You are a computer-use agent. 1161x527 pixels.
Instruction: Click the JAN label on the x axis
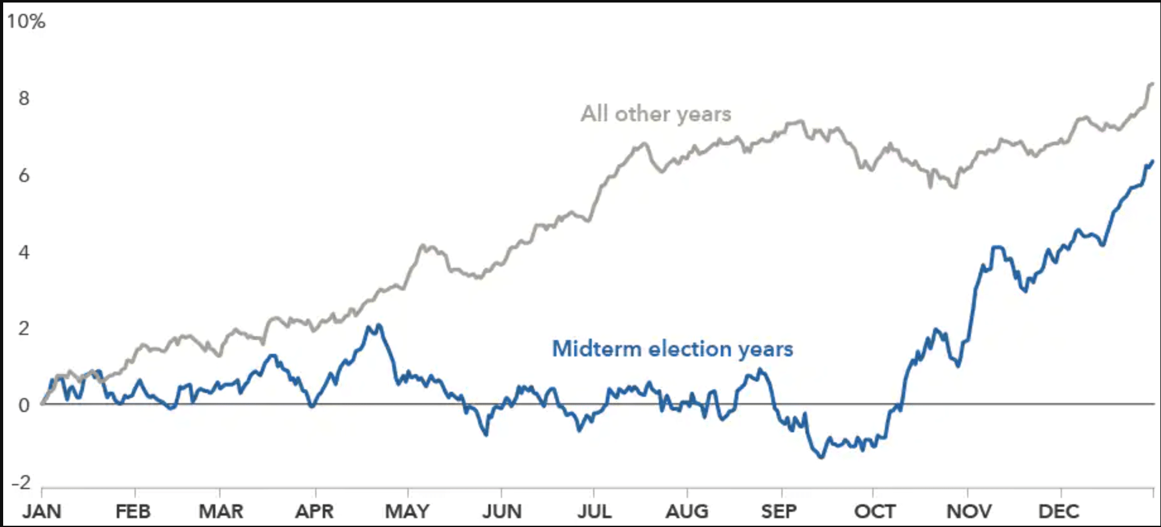pos(42,511)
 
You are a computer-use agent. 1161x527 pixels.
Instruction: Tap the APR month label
pos(315,511)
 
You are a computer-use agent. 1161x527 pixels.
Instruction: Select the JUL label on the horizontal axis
pos(594,511)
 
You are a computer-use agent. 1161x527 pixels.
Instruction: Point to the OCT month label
pos(875,511)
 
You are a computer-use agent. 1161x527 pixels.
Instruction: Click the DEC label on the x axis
pos(1059,511)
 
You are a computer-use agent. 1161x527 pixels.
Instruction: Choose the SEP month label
pos(779,511)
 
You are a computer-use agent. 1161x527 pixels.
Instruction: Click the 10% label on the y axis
pos(26,21)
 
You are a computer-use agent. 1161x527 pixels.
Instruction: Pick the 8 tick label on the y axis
pos(24,99)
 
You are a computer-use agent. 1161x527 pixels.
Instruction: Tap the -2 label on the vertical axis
pos(21,483)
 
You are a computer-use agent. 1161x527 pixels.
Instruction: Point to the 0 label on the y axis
pos(24,406)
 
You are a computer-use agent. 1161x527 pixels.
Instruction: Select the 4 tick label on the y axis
pos(24,253)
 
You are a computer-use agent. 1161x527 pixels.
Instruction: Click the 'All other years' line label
pos(656,114)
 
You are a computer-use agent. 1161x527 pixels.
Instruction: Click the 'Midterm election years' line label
pos(672,349)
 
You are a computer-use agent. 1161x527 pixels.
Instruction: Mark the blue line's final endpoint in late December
pos(1152,162)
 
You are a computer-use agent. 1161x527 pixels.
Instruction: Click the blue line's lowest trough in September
pos(821,457)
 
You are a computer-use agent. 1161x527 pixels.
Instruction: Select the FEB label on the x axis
pos(133,511)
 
